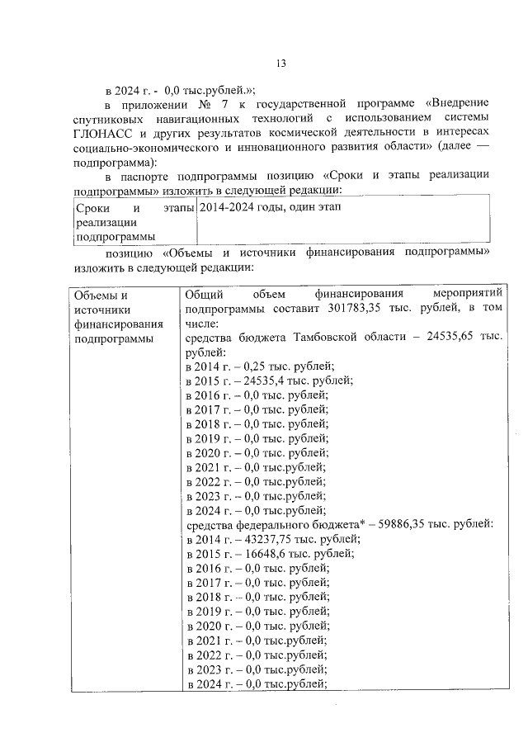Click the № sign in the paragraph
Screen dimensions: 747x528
tap(204, 103)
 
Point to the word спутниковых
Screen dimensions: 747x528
tap(111, 118)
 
